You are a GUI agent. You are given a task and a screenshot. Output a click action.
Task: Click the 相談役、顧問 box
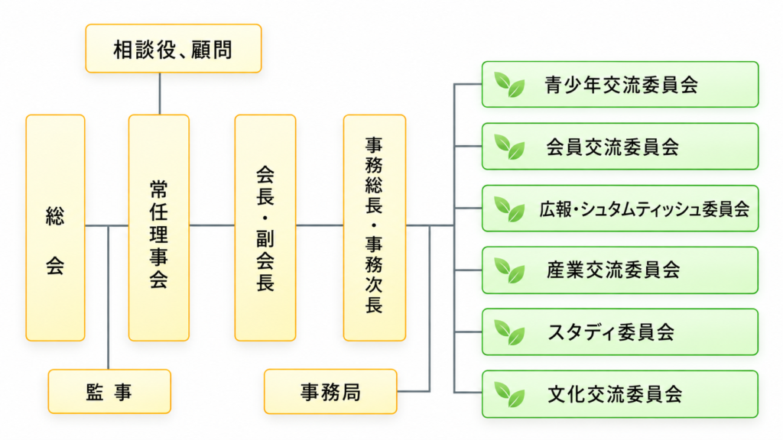click(x=174, y=48)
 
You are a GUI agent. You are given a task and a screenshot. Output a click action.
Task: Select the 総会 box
click(x=55, y=228)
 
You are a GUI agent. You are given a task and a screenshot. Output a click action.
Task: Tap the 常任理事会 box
click(x=159, y=228)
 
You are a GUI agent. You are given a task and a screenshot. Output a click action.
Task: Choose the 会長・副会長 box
click(x=265, y=228)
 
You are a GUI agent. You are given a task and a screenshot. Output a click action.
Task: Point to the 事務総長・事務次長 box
click(x=375, y=228)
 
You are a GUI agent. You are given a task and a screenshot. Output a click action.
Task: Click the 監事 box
click(x=109, y=392)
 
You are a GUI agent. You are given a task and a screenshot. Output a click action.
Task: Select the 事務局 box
click(x=330, y=392)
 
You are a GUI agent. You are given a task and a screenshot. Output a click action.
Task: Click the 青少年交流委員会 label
click(x=621, y=85)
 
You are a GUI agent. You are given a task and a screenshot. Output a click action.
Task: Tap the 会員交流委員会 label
click(x=612, y=147)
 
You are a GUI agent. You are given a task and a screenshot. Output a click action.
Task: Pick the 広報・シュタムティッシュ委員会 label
click(x=644, y=209)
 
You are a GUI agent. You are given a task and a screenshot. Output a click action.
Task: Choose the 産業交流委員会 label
click(x=613, y=270)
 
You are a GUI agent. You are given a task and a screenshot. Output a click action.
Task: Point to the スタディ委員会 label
click(x=611, y=332)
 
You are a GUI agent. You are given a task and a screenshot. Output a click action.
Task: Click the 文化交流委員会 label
click(x=615, y=394)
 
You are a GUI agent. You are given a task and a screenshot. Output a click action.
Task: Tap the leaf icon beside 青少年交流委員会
click(x=509, y=85)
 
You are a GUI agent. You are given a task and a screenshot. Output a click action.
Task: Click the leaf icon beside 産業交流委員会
click(x=509, y=270)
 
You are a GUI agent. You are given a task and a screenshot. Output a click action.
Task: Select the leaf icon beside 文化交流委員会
click(x=509, y=394)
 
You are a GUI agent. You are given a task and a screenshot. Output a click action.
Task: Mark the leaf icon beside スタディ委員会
click(x=509, y=332)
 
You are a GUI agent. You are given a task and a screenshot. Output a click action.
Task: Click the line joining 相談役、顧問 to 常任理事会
click(x=160, y=94)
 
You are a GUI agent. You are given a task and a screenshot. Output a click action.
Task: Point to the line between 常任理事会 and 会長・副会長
click(x=213, y=225)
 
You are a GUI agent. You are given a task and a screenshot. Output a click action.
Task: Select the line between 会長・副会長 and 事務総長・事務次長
click(x=320, y=225)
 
